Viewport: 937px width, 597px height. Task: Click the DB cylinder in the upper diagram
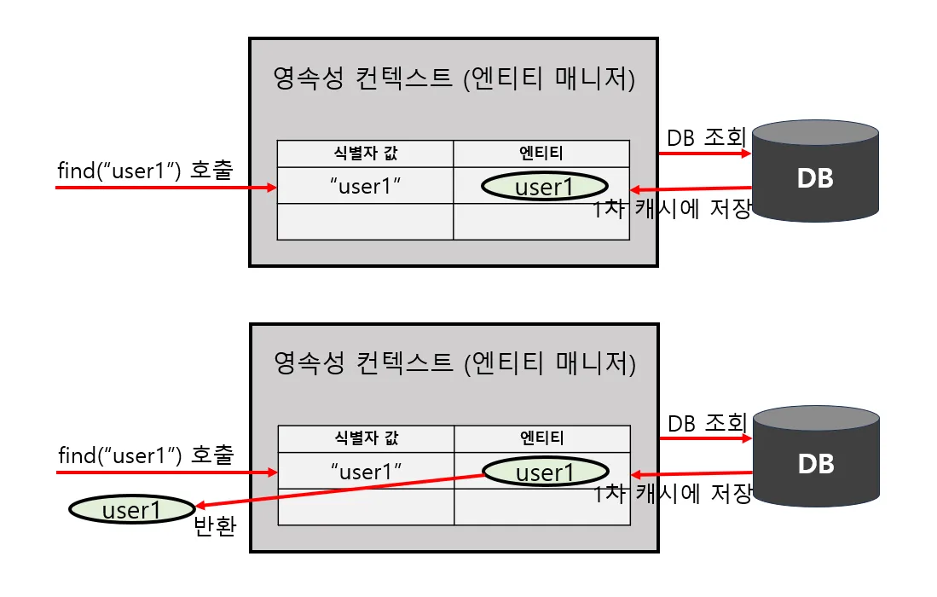[x=815, y=171]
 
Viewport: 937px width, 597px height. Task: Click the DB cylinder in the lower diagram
[x=816, y=456]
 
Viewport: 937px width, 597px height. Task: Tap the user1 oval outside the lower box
[x=132, y=510]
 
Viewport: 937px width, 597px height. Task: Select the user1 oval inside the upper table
[x=545, y=187]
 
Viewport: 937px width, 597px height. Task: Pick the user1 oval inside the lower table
[x=546, y=472]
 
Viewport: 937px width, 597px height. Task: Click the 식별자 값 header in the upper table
[x=365, y=154]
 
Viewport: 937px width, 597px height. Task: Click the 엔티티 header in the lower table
[x=542, y=438]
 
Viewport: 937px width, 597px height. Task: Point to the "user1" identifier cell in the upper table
[x=365, y=186]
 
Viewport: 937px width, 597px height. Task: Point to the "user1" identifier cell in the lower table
[x=366, y=471]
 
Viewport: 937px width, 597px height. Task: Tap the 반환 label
[x=215, y=526]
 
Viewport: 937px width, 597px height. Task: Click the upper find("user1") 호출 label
[x=145, y=171]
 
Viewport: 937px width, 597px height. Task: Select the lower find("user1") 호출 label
[x=146, y=455]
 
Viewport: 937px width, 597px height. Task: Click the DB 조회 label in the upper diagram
[x=706, y=137]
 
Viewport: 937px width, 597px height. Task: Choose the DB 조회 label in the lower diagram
[x=708, y=423]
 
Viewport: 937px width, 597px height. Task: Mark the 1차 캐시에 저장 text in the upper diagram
[x=673, y=209]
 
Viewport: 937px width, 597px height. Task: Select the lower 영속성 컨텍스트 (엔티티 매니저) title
[x=454, y=362]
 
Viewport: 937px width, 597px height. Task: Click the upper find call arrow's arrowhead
[x=272, y=188]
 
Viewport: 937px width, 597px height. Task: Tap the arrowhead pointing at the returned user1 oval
[x=201, y=506]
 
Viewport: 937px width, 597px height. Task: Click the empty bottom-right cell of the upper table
[x=541, y=222]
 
